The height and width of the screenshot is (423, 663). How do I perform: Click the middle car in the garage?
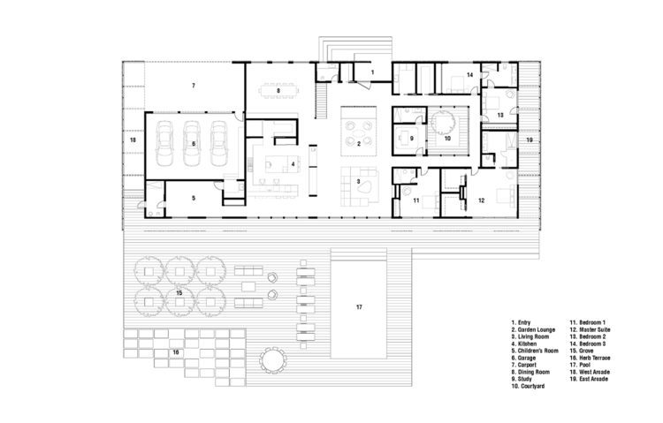click(192, 144)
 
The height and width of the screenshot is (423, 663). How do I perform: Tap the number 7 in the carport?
click(194, 86)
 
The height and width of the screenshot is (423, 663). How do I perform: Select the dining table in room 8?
click(278, 90)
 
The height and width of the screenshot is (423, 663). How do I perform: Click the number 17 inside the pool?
click(359, 307)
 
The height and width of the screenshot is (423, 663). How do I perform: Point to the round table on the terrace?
click(273, 361)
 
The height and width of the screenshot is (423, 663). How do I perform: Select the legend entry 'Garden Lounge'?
click(533, 329)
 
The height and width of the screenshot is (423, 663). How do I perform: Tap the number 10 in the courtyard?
click(447, 138)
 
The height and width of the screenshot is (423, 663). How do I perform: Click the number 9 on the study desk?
click(411, 138)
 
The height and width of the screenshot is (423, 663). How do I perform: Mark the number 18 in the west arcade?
click(133, 140)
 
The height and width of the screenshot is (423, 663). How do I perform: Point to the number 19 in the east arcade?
click(530, 140)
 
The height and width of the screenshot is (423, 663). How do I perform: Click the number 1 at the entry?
click(372, 72)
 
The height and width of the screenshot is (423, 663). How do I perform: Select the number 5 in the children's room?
click(194, 198)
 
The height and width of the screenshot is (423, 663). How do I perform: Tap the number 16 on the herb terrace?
click(176, 352)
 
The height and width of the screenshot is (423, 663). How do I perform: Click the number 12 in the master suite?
click(481, 200)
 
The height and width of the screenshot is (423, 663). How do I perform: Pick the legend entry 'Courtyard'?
click(528, 386)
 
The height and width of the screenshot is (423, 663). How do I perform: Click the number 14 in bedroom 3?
click(469, 75)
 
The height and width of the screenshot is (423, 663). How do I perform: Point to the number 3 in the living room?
click(358, 182)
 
